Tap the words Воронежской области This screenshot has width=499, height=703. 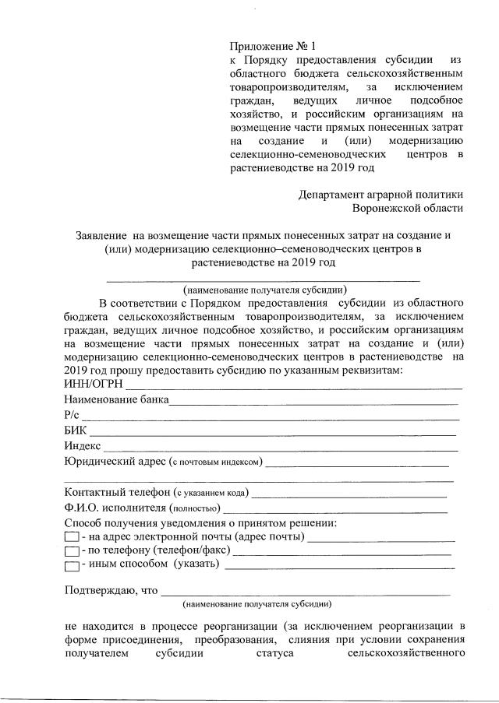[408, 209]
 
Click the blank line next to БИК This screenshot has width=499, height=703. [273, 433]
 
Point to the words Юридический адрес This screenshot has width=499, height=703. [115, 462]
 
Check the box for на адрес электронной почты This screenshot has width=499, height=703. [71, 537]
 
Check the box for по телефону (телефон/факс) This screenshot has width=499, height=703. [71, 551]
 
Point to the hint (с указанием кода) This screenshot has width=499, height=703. [211, 493]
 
